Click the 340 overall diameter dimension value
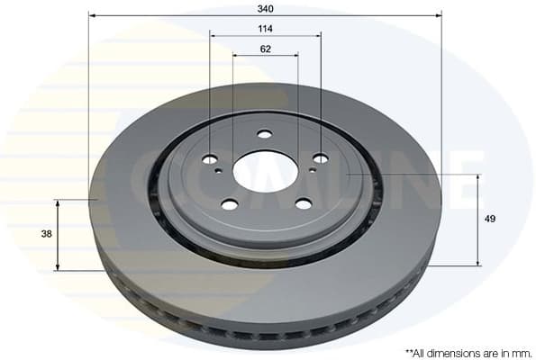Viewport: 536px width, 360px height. coord(265,8)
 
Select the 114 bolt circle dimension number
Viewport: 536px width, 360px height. coord(265,29)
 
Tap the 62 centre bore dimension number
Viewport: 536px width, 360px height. coord(265,49)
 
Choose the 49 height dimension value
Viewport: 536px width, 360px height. coord(490,219)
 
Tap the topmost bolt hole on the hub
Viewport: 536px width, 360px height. coord(264,134)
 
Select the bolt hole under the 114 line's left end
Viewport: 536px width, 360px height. coord(210,159)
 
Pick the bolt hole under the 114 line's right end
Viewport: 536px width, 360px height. coord(320,158)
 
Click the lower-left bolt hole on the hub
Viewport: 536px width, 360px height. coord(230,204)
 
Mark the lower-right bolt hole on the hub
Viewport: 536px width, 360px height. coord(303,203)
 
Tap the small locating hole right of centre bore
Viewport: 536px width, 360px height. coord(312,168)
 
